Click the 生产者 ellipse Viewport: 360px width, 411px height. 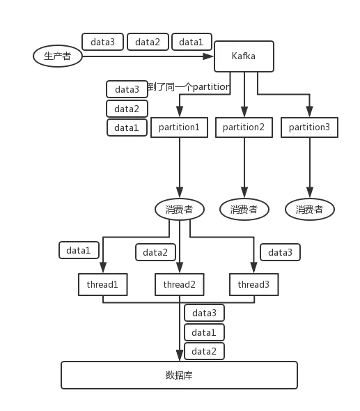(58, 56)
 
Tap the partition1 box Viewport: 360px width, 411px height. (179, 127)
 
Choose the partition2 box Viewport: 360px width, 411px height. (244, 127)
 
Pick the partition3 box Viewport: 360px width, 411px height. (309, 127)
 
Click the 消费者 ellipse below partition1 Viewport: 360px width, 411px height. (179, 209)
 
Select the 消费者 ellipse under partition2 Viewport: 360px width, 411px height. (244, 209)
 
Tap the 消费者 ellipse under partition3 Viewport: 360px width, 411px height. (309, 209)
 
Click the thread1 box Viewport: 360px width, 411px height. (103, 284)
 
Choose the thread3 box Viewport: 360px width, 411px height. (253, 284)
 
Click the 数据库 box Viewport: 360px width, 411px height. (179, 375)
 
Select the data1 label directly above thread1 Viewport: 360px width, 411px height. (79, 250)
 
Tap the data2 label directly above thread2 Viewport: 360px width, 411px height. (155, 252)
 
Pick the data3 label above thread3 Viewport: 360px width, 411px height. (280, 252)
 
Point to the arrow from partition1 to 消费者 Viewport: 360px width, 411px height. (180, 167)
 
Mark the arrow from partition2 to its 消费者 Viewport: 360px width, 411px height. (244, 167)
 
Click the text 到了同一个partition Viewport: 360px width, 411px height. (187, 88)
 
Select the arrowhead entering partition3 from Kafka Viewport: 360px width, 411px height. (309, 112)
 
